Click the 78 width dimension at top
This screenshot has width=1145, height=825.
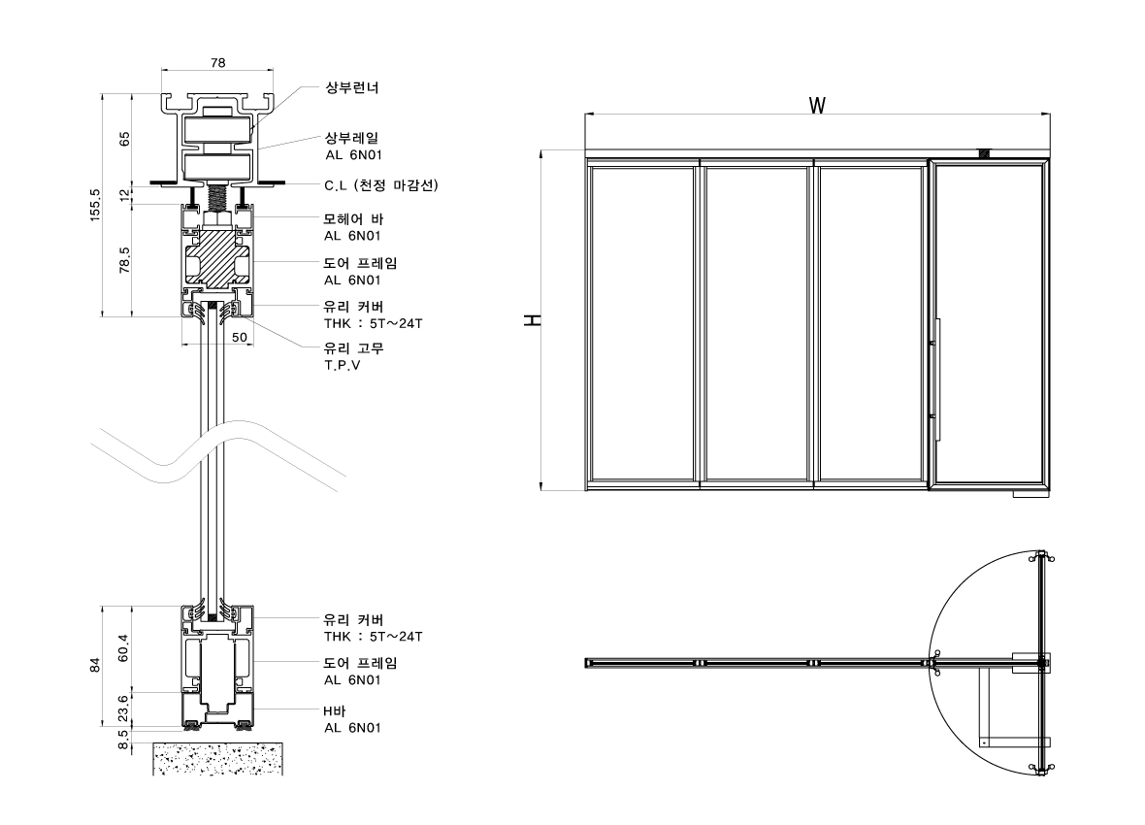point(217,62)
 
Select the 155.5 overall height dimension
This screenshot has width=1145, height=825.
point(95,205)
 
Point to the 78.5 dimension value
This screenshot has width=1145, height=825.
point(124,261)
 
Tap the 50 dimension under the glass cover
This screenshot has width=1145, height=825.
point(239,337)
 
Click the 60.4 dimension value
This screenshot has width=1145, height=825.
point(124,647)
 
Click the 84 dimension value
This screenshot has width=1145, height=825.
point(95,665)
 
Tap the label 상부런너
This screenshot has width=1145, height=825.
point(350,87)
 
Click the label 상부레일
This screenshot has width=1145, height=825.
point(350,139)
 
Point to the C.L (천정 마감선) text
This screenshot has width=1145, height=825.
point(380,185)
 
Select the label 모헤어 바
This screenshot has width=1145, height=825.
point(353,218)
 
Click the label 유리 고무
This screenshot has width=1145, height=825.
point(353,348)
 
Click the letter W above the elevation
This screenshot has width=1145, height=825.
point(817,105)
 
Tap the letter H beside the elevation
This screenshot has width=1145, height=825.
point(533,320)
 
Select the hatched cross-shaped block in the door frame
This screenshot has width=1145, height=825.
point(216,257)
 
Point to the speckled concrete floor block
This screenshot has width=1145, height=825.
point(218,758)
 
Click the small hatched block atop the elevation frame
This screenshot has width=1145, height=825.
point(983,153)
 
